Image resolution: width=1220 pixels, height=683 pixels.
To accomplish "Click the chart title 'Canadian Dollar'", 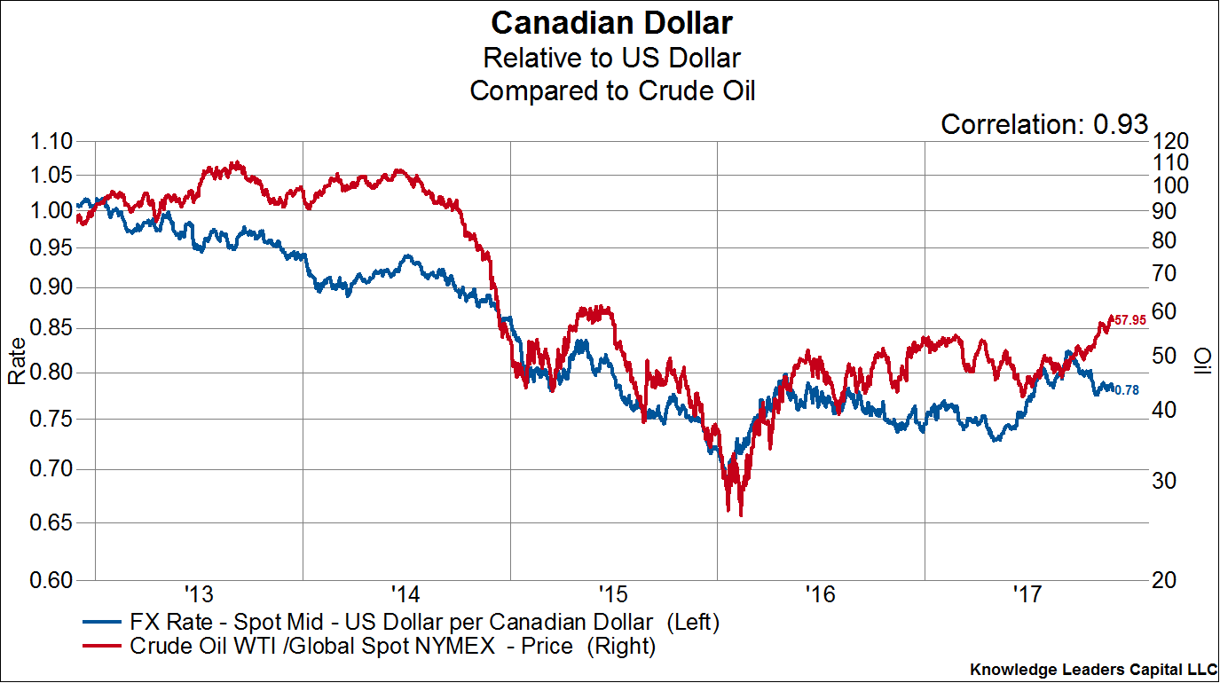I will [611, 22].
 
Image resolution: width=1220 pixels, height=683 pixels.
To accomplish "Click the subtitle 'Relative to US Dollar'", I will [611, 58].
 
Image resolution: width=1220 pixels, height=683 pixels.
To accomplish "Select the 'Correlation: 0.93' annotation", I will [1044, 125].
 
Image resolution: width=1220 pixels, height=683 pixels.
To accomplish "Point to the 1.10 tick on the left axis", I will [55, 142].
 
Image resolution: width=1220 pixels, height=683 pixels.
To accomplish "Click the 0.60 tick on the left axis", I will [55, 580].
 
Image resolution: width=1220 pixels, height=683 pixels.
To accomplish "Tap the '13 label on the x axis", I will [199, 592].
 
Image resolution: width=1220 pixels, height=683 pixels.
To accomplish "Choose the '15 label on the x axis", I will [613, 592].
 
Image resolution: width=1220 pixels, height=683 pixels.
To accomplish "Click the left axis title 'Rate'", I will [17, 363].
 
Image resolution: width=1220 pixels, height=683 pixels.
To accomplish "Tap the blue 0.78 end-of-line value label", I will [1127, 389].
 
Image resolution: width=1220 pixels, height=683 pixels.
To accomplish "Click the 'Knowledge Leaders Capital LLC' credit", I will [1093, 669].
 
